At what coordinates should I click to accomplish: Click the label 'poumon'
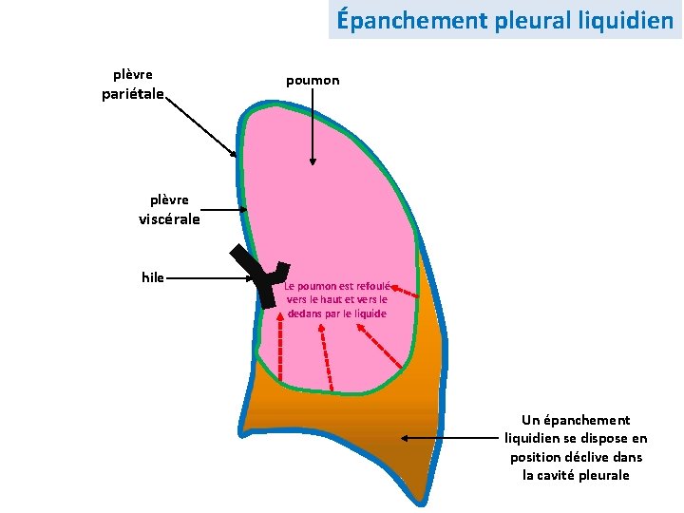tap(313, 82)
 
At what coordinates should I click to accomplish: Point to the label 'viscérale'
tap(169, 219)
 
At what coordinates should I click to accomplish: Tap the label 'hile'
tap(152, 277)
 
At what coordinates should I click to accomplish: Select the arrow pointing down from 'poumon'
tap(313, 133)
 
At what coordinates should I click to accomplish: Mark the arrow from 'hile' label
tap(209, 278)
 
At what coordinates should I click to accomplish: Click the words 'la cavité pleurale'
tap(576, 475)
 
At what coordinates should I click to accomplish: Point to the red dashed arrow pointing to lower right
tap(379, 346)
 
